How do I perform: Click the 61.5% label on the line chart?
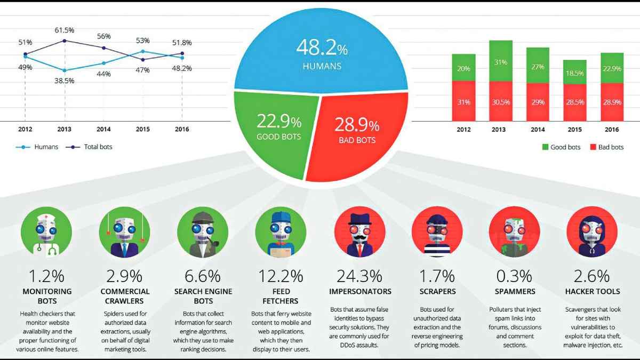[x=64, y=30]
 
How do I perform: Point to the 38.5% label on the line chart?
[x=64, y=81]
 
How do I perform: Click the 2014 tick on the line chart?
[x=103, y=129]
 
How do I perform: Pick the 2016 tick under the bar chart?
[x=612, y=129]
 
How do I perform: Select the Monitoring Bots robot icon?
[x=46, y=233]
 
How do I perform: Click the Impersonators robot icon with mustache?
[x=359, y=233]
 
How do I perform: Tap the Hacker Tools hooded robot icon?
[x=591, y=233]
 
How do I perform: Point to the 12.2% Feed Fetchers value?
[x=281, y=276]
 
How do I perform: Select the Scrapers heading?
[x=437, y=292]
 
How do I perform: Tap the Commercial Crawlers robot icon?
[x=125, y=233]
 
